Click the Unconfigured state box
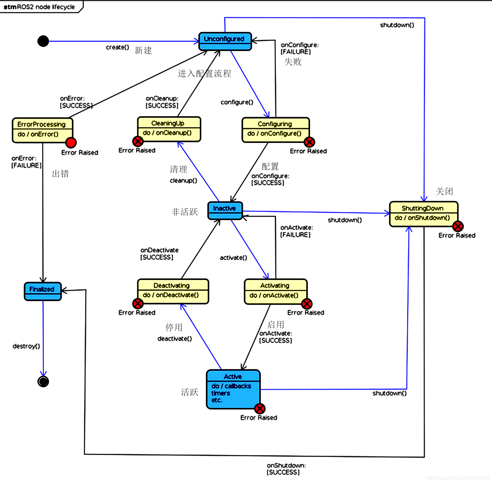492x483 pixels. [x=225, y=41]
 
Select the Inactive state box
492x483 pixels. [x=225, y=210]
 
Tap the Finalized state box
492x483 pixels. [x=43, y=291]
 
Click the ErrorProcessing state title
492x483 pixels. [x=42, y=124]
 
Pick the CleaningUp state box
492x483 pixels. [x=169, y=129]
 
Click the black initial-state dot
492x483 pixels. [x=43, y=41]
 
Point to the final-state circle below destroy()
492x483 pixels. [x=43, y=381]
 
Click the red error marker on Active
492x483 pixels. [x=260, y=409]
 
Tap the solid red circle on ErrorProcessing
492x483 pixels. [x=71, y=143]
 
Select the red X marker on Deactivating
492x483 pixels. [x=138, y=303]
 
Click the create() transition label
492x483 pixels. [x=118, y=47]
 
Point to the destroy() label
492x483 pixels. [x=26, y=346]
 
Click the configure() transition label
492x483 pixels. [x=237, y=102]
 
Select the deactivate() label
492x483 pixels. [x=175, y=339]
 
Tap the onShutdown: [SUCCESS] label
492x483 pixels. [x=286, y=468]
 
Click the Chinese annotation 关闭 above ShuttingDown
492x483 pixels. [x=444, y=191]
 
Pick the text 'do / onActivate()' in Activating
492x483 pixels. [x=274, y=295]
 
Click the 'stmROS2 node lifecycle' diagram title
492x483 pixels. [x=39, y=7]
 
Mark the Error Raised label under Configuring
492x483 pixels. [x=308, y=151]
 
